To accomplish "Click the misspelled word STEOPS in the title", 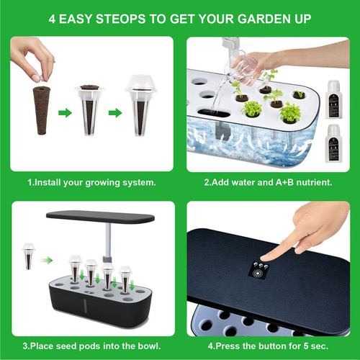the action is [x=120, y=19].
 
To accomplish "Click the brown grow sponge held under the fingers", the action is [x=42, y=110].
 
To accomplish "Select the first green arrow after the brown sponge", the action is [x=65, y=113].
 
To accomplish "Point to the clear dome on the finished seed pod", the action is [x=141, y=83].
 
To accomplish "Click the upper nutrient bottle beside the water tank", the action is [x=333, y=99].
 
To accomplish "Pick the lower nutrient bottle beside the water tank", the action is [x=333, y=143].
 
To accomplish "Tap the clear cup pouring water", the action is [x=245, y=68].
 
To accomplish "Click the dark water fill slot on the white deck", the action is [x=214, y=113].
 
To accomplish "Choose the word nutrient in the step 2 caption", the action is [x=314, y=182].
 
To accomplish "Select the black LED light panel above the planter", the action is [x=100, y=217].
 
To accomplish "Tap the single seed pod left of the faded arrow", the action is [x=29, y=256].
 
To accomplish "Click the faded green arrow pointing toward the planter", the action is [x=46, y=260].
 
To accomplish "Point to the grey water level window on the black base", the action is [x=85, y=305].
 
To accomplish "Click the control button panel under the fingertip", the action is [x=259, y=270].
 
